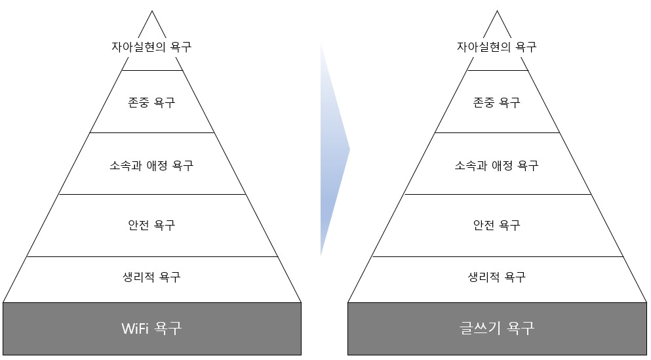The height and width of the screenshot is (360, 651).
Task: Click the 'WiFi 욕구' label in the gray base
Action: point(151,328)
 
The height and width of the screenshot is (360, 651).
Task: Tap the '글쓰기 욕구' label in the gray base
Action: point(496,328)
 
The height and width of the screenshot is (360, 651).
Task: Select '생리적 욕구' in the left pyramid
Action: point(151,277)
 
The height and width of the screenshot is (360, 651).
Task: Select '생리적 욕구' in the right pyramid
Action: point(496,277)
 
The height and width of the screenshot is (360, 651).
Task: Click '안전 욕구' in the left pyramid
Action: point(151,225)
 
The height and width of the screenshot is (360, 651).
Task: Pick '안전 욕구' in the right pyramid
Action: point(496,225)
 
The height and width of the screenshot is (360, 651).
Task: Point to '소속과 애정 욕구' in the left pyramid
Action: point(151,165)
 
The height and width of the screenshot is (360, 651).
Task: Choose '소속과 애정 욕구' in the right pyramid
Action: point(496,165)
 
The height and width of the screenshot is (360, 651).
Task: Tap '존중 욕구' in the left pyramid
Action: point(151,102)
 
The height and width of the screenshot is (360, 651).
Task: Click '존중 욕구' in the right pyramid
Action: point(496,102)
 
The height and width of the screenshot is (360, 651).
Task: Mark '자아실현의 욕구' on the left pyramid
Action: point(151,47)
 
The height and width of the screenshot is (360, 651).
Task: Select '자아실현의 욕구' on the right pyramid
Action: point(496,47)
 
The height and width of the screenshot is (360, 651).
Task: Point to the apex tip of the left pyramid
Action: point(151,11)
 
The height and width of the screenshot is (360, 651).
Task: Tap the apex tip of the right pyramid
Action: point(497,11)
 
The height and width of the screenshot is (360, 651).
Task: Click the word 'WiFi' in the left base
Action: point(136,328)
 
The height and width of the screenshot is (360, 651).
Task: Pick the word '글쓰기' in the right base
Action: point(481,328)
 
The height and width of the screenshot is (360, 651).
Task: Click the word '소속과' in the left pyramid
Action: point(124,165)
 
